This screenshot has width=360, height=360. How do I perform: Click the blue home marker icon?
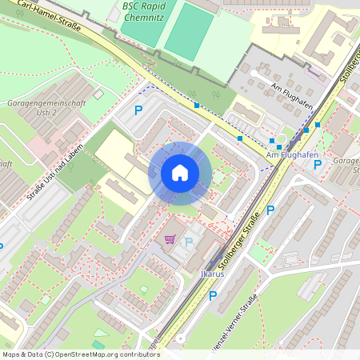click(x=180, y=173)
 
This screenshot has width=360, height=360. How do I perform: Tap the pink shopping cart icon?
click(x=170, y=238)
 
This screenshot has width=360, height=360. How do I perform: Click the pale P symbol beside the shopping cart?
click(x=189, y=242)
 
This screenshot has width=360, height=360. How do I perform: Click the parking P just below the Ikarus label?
click(x=212, y=296)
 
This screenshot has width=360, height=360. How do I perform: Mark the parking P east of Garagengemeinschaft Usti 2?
click(x=138, y=110)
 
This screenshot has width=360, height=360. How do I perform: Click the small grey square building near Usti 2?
click(x=98, y=94)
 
